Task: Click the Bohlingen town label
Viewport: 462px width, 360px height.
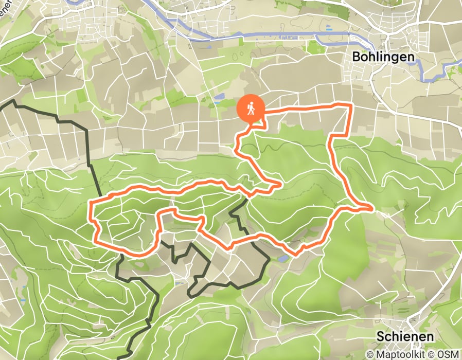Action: click(x=384, y=57)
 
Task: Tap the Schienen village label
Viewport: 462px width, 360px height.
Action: click(x=404, y=336)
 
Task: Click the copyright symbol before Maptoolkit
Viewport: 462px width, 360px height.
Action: click(x=370, y=354)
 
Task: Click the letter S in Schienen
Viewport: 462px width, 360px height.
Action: click(x=380, y=336)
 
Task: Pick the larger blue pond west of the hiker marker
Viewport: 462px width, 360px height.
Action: click(x=220, y=96)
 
